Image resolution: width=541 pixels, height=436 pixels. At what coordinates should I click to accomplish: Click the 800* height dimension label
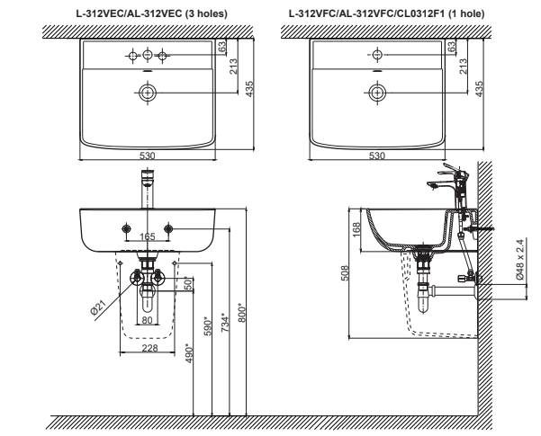click(x=241, y=312)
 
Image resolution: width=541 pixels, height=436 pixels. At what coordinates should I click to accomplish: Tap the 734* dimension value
click(x=225, y=322)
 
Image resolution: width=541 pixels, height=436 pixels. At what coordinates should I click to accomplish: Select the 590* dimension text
click(x=207, y=327)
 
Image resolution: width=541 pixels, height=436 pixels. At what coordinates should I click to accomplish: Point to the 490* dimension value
click(x=189, y=353)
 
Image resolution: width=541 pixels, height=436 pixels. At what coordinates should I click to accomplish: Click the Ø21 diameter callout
click(x=97, y=307)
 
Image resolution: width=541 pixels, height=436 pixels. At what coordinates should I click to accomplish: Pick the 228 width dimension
click(x=149, y=348)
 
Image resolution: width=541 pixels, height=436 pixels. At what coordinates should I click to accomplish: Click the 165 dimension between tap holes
click(x=148, y=236)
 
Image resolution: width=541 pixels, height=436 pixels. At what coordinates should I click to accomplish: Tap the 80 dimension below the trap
click(x=147, y=320)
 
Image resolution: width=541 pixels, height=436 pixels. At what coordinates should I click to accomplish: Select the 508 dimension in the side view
click(x=345, y=273)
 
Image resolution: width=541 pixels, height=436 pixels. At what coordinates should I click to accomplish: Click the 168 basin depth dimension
click(x=356, y=229)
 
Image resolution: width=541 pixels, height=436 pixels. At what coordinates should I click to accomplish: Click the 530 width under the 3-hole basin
click(x=148, y=156)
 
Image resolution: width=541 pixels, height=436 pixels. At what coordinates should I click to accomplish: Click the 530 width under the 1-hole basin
click(x=377, y=156)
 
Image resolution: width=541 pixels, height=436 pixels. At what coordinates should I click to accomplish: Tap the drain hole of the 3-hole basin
click(x=148, y=93)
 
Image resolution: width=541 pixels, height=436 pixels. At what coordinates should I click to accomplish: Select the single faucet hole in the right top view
click(x=377, y=55)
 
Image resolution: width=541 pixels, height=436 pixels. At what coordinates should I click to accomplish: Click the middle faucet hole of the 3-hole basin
click(x=148, y=55)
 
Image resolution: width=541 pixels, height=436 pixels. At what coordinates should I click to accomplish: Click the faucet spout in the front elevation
click(x=148, y=189)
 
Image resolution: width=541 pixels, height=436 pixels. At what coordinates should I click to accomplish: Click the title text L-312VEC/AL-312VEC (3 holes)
click(x=152, y=13)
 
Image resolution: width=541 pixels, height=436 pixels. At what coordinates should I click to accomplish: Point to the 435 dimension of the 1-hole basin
click(x=479, y=89)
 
